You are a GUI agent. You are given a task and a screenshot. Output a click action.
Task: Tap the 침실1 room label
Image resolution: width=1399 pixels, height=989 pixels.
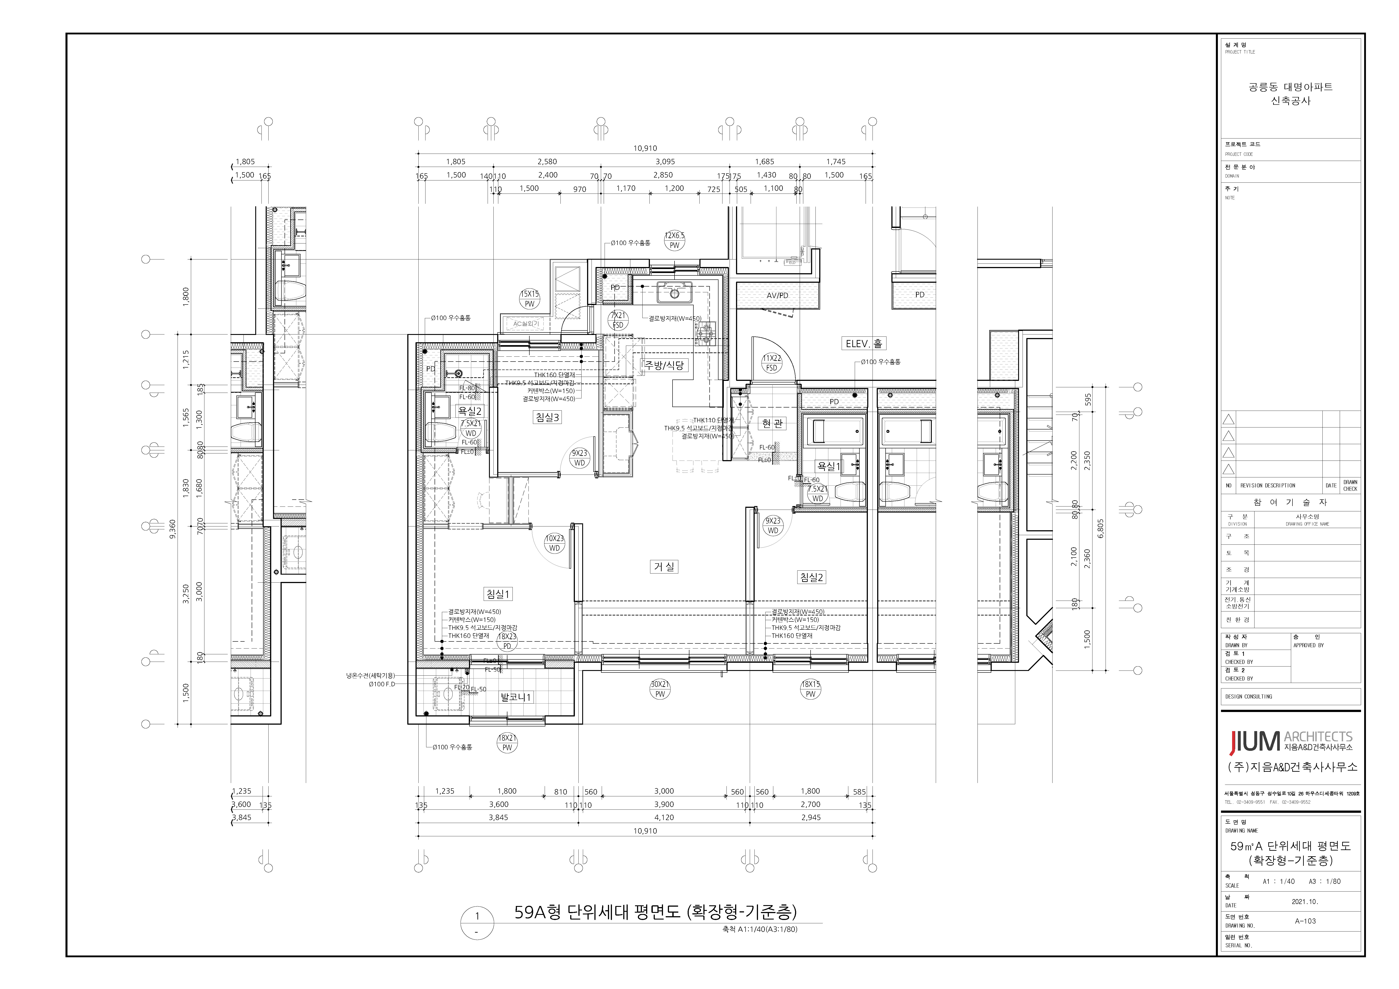[x=498, y=593]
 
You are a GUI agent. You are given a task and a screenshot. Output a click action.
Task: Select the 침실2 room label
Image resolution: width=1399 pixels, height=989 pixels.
[x=812, y=577]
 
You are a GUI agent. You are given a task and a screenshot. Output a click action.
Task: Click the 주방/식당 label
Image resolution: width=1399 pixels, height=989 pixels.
[x=665, y=365]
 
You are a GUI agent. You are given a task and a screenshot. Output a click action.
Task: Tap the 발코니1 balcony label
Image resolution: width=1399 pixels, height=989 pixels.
[x=515, y=697]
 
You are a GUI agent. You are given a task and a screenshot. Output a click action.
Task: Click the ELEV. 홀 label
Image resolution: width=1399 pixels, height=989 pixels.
[x=863, y=344]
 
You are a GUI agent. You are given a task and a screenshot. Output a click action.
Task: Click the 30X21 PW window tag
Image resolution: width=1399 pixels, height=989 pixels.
[x=660, y=688]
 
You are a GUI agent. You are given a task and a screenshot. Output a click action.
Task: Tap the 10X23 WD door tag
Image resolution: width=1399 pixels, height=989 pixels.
[x=554, y=543]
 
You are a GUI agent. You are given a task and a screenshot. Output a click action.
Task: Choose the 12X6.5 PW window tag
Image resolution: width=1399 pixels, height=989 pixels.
[x=675, y=240]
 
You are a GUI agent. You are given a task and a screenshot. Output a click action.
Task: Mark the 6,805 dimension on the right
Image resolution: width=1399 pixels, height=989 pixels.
[x=1100, y=528]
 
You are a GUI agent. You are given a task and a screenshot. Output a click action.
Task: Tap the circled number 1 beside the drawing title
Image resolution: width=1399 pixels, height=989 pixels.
[x=477, y=916]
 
